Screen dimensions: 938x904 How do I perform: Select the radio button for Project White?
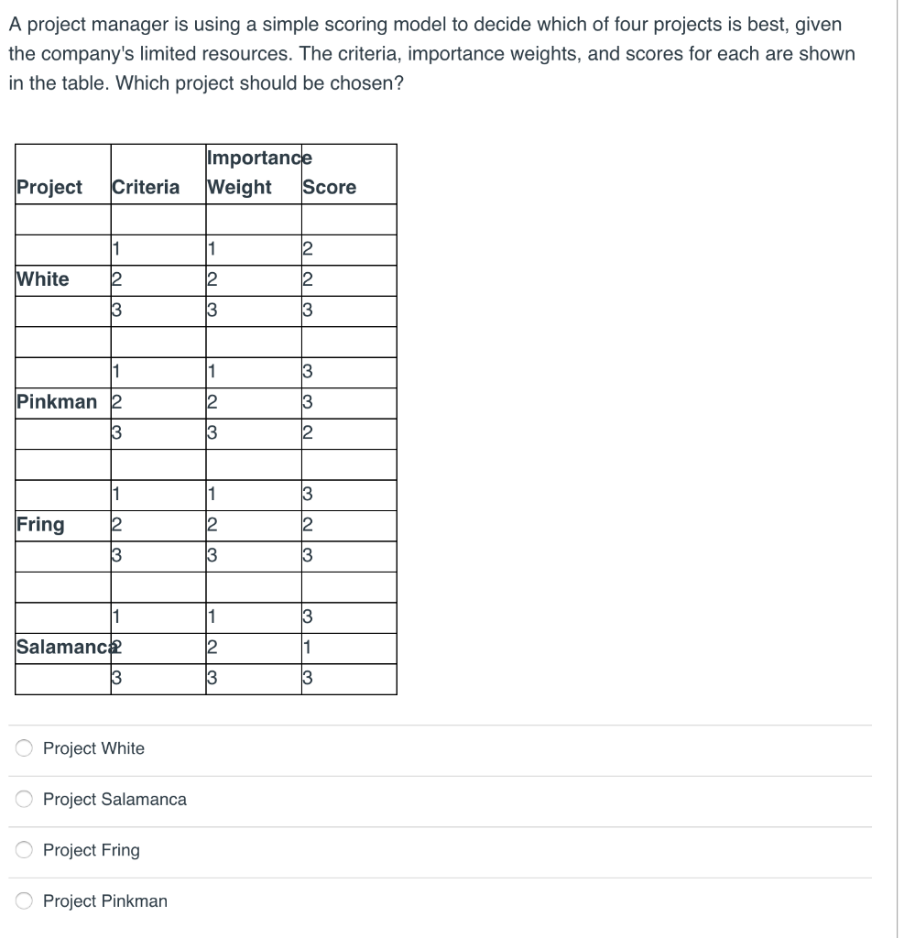(26, 748)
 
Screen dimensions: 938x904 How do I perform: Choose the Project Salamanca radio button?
(26, 799)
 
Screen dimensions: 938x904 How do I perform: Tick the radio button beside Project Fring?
(26, 850)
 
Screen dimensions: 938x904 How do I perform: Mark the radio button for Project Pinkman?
(26, 901)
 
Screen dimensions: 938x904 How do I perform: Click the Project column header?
(49, 188)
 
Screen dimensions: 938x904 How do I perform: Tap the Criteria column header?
(146, 188)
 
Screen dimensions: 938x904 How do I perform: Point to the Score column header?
(330, 188)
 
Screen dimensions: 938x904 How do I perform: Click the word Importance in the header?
(260, 158)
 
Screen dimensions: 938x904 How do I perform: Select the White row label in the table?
(43, 279)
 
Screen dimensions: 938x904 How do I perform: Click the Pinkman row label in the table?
(57, 402)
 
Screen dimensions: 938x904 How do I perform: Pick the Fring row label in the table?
(41, 525)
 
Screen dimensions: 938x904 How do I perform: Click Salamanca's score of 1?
(308, 649)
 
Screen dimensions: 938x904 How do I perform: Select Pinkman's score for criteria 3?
(308, 433)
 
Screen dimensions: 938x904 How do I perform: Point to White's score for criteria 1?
(308, 249)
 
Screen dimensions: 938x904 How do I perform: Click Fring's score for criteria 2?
(308, 526)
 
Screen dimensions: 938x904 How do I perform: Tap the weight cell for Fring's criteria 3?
(212, 556)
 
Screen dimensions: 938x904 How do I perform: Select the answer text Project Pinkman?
(105, 901)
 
